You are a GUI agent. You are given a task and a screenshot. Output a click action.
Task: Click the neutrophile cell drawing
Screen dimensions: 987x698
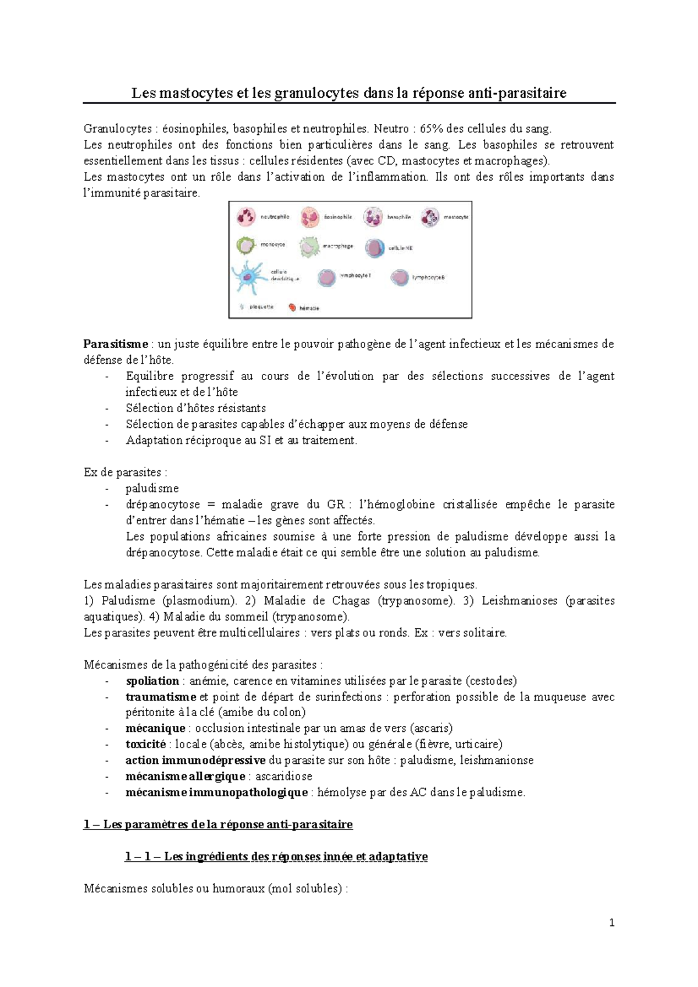tap(245, 217)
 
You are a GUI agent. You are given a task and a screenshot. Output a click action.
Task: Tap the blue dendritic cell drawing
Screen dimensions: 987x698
tap(248, 277)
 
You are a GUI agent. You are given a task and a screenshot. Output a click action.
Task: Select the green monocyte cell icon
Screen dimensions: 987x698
tap(245, 245)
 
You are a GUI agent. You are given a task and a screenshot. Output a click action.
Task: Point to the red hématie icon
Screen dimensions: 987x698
tap(292, 307)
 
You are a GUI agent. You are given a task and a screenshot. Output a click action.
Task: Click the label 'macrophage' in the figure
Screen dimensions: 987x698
tap(338, 246)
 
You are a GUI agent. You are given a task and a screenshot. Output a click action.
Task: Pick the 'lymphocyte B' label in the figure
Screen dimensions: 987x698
tap(428, 278)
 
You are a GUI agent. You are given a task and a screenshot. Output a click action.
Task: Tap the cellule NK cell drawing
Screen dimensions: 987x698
tap(375, 248)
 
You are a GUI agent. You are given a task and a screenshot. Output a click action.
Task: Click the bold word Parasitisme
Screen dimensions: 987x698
tap(116, 344)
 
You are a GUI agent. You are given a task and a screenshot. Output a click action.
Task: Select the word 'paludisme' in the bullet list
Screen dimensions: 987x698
tap(152, 488)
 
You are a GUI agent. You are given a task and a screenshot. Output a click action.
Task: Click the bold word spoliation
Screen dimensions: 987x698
tap(152, 681)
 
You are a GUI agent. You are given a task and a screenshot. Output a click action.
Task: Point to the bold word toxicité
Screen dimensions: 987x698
tap(145, 744)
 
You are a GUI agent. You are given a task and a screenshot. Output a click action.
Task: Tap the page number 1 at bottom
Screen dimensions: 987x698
tap(611, 922)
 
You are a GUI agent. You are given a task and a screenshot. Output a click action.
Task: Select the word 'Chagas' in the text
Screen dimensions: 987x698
tap(351, 600)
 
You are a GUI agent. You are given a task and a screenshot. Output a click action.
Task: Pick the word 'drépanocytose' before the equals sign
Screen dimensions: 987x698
tap(162, 505)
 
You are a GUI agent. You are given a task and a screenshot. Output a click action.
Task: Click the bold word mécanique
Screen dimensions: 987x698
tap(155, 728)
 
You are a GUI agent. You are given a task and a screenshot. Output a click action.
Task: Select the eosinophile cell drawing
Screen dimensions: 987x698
tap(309, 217)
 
